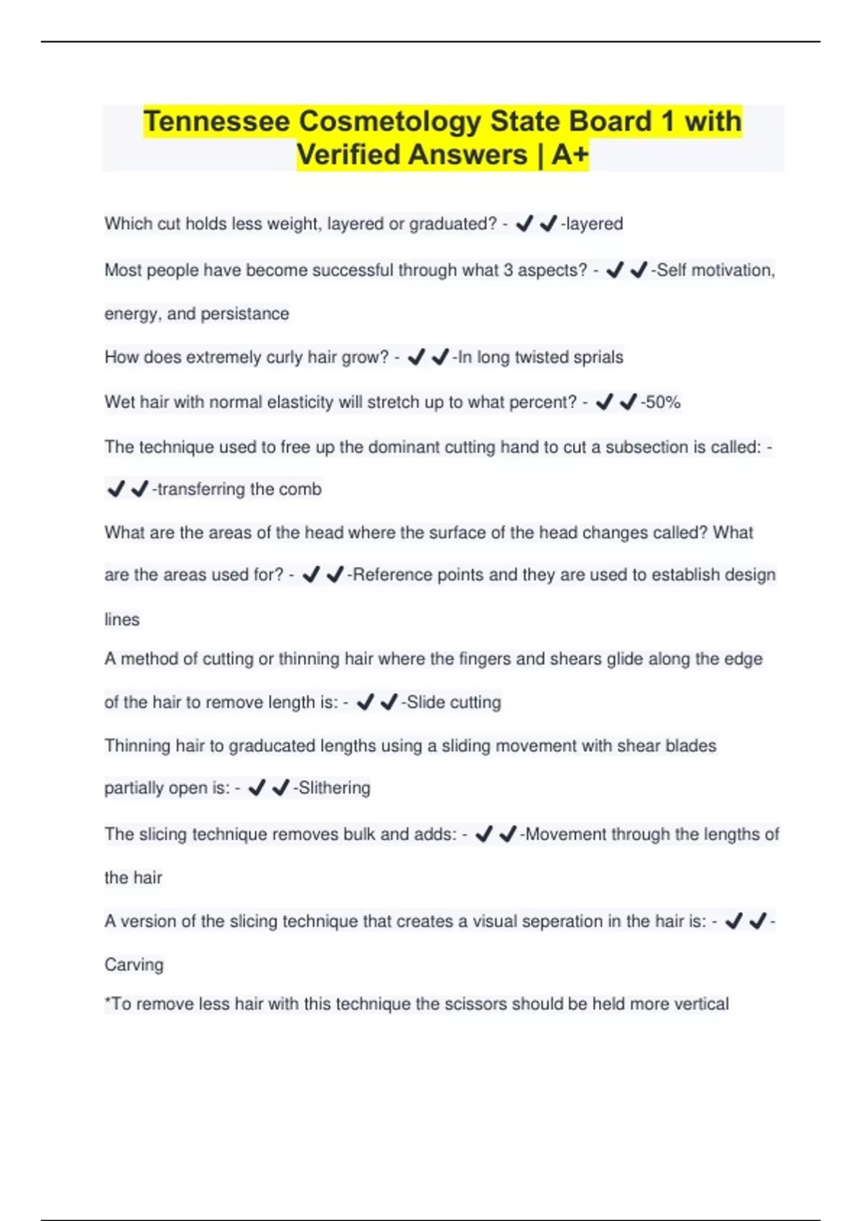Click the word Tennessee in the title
(x=216, y=121)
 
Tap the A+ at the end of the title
(x=570, y=154)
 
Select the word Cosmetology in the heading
(x=389, y=121)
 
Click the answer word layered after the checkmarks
(x=594, y=224)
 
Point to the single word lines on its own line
(x=122, y=619)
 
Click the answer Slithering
(x=334, y=788)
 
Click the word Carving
(x=134, y=965)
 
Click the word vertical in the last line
(x=700, y=1003)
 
